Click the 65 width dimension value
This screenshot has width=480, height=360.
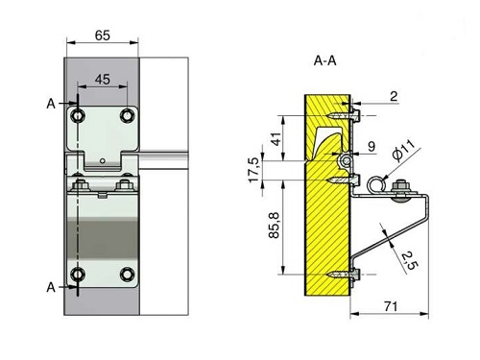click(103, 36)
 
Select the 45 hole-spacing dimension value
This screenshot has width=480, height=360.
click(103, 80)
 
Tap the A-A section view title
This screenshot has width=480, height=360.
click(325, 60)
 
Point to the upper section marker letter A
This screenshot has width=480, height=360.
click(51, 104)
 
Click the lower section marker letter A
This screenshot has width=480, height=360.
click(51, 287)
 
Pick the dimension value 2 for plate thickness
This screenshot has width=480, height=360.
click(394, 96)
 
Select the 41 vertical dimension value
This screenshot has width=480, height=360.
click(276, 138)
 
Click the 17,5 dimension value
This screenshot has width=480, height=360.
click(254, 170)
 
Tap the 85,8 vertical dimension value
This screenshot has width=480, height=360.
click(275, 226)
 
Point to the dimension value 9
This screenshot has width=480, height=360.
click(372, 147)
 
